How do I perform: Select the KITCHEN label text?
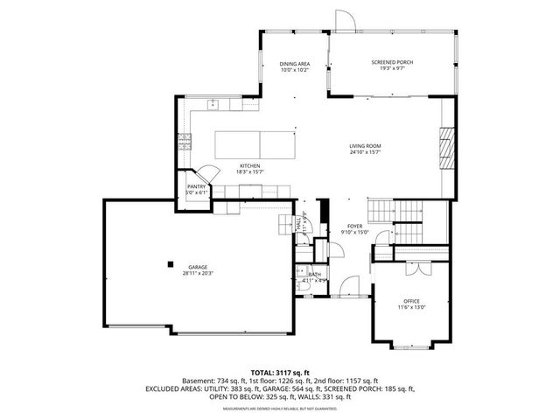(250, 165)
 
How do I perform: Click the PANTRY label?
(196, 186)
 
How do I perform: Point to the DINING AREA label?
(294, 64)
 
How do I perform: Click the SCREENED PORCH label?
(392, 62)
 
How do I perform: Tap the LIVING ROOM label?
(364, 146)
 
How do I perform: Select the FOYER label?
(354, 226)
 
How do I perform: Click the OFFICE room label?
(411, 300)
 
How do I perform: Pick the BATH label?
(314, 275)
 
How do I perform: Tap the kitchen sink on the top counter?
(213, 104)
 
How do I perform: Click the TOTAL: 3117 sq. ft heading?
(280, 373)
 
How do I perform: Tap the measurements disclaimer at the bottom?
(280, 409)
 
